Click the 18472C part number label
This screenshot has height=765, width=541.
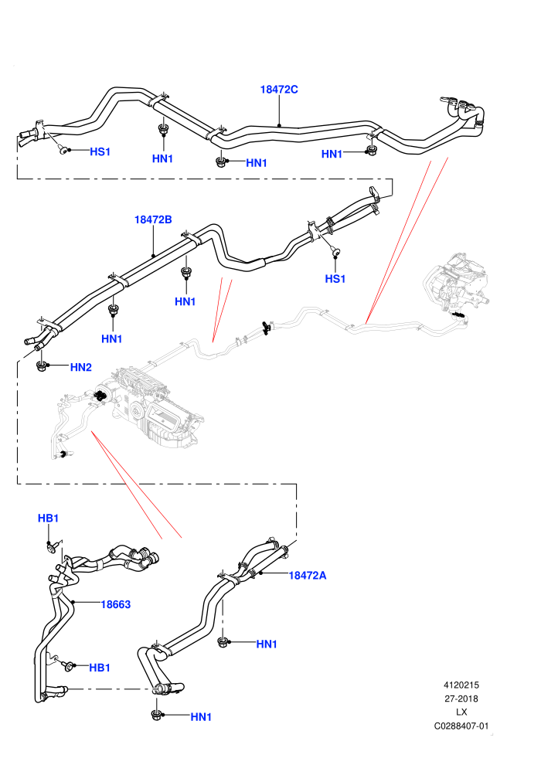pos(278,90)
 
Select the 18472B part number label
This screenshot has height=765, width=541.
pos(153,219)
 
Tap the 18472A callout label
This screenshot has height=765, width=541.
pos(308,575)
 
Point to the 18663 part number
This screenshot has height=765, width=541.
pos(116,604)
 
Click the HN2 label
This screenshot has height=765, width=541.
pos(81,367)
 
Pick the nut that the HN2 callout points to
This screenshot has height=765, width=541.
pos(42,365)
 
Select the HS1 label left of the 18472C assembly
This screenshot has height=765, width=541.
pos(100,151)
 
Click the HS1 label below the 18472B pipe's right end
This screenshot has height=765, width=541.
pos(335,279)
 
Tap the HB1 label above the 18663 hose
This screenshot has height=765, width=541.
pos(48,518)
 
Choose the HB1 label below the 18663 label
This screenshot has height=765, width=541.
pos(100,668)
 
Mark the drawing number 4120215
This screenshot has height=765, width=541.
pos(461,685)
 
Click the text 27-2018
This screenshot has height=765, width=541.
pos(461,699)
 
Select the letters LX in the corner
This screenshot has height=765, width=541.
pos(461,712)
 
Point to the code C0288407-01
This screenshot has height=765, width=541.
pos(461,726)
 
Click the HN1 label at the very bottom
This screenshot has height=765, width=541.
pos(201,716)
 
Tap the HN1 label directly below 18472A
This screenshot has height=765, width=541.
pos(267,644)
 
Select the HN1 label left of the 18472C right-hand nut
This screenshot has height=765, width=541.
pos(332,155)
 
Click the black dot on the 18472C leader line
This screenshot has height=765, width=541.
pos(279,125)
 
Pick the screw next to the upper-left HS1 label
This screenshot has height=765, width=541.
pos(62,149)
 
